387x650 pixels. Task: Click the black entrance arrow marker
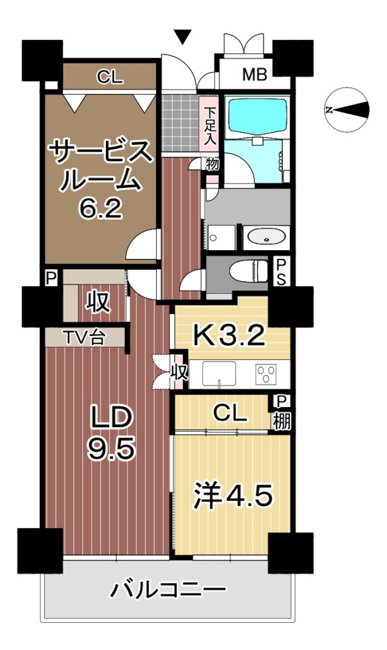tap(182, 36)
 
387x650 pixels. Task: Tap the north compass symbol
tap(347, 110)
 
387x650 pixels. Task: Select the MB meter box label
tap(254, 74)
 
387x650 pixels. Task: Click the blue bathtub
tap(257, 116)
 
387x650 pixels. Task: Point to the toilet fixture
tap(249, 270)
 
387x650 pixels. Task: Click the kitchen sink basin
tap(219, 374)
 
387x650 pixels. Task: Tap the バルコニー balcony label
tap(168, 589)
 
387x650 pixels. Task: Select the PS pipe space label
tap(281, 272)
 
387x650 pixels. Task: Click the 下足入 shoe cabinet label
tap(211, 126)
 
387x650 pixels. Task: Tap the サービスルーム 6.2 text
tap(101, 178)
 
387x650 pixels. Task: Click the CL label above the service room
tap(110, 77)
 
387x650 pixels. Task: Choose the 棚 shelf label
tap(281, 421)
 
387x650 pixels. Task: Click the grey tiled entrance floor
tap(180, 123)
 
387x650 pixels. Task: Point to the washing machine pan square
tap(221, 238)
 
